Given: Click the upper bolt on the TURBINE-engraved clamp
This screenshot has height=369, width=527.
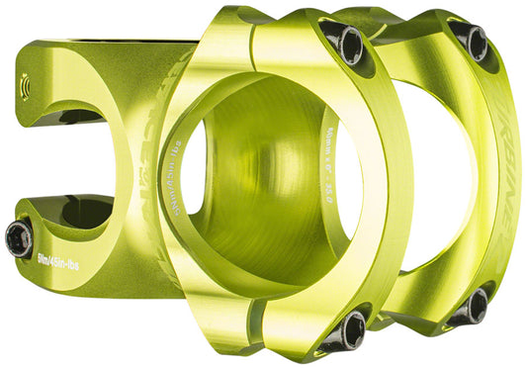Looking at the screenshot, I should click(472, 42).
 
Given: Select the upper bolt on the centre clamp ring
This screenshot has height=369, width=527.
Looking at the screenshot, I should click(347, 42).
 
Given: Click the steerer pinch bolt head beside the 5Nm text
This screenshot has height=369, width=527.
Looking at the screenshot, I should click(19, 237).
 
